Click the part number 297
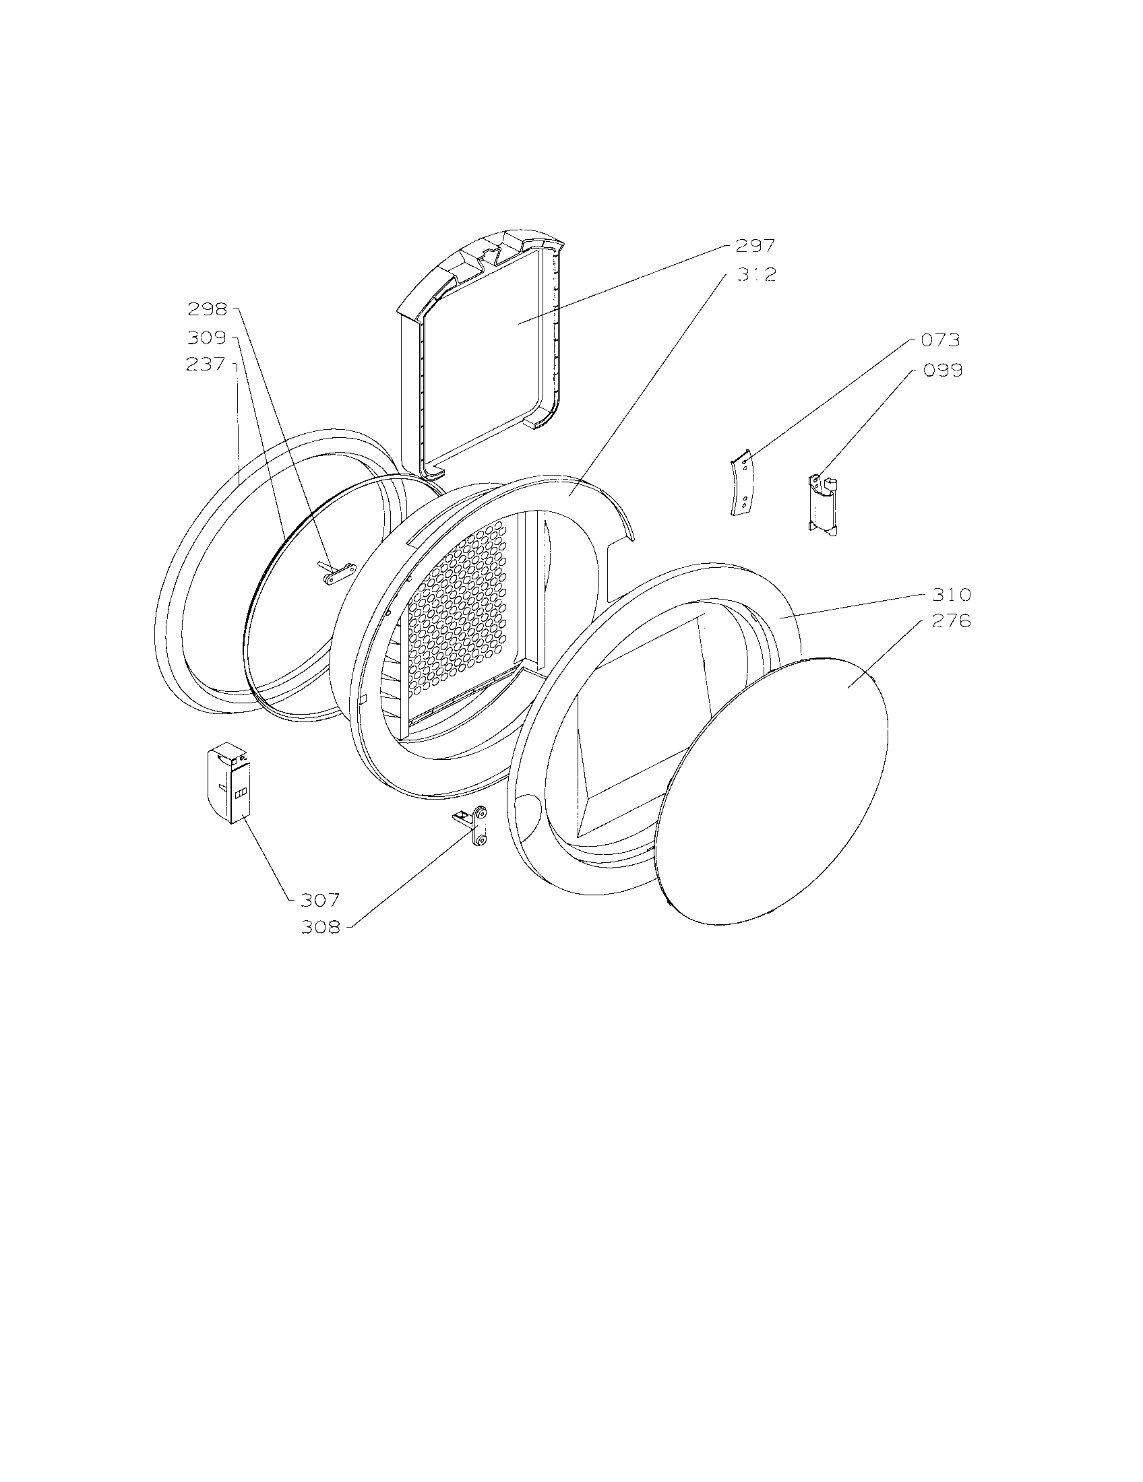click(x=755, y=246)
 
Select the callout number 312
click(x=755, y=275)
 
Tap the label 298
click(x=207, y=309)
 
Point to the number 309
click(x=207, y=337)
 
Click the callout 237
click(x=206, y=364)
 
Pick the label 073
click(x=940, y=340)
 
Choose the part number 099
click(x=942, y=370)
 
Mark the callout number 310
click(x=951, y=595)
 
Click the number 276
click(x=951, y=621)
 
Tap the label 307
click(x=319, y=900)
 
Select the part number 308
click(x=321, y=927)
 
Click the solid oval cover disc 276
click(x=774, y=787)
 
